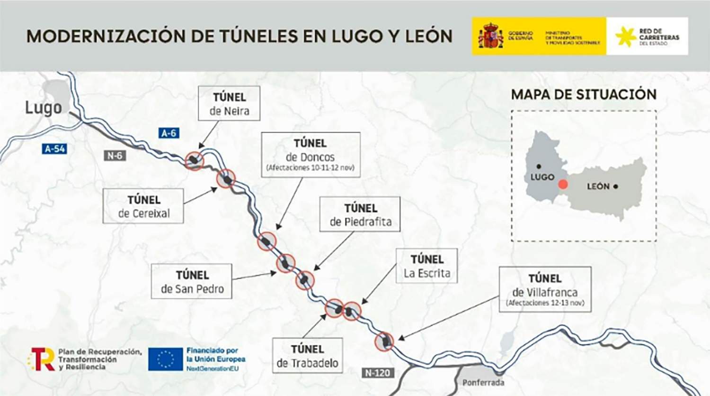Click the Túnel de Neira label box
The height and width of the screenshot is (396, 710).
229,103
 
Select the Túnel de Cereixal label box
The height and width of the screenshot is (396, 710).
143,206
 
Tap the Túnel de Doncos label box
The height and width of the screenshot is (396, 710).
311,155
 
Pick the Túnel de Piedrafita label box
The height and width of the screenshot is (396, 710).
360,215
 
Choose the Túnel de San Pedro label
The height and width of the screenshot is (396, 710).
192,281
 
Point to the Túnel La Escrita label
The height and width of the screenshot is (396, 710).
426,266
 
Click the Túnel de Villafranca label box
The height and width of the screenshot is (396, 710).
545,289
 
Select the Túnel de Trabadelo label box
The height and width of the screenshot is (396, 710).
307,356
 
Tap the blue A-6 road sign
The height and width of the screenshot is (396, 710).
169,133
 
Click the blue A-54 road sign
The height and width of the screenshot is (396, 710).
54,149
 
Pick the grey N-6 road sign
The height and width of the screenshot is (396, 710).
115,156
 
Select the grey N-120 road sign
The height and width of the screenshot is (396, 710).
378,373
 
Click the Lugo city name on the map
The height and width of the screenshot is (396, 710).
43,108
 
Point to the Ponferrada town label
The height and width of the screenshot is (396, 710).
483,382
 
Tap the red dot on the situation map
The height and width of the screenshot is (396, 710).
562,184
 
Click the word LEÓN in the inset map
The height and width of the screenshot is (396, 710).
598,186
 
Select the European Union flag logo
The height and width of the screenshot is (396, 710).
165,359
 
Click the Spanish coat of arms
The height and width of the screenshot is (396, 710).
491,37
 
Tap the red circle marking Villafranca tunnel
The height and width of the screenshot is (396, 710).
384,341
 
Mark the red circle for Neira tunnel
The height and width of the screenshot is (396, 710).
195,161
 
